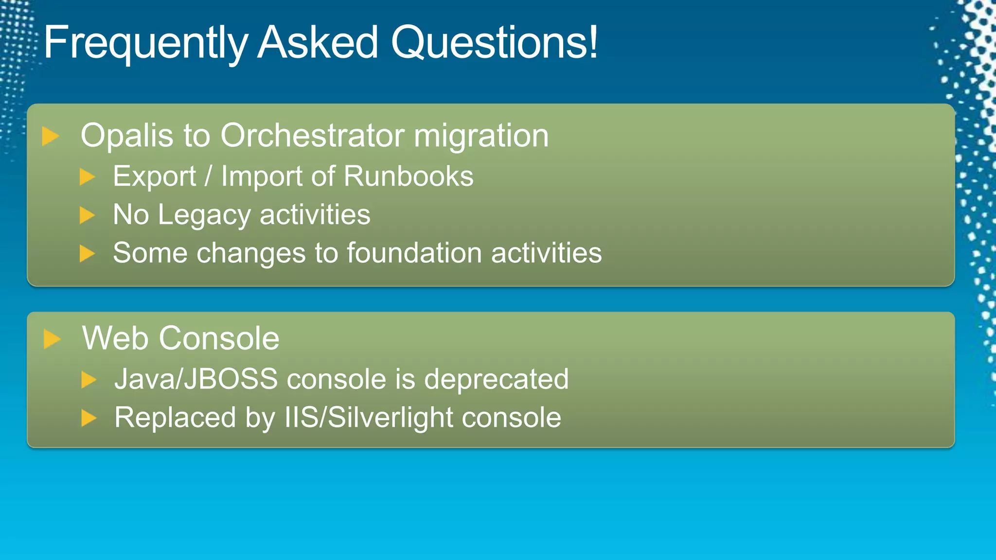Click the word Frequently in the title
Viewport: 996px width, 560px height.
(x=146, y=44)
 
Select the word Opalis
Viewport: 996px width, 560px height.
(x=126, y=136)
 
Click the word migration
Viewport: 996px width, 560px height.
(x=481, y=136)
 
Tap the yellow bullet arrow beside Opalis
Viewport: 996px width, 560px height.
(x=50, y=136)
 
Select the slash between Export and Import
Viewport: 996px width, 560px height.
(x=208, y=176)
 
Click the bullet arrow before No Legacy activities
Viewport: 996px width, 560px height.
(x=87, y=215)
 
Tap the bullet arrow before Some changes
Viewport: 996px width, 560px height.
(x=87, y=253)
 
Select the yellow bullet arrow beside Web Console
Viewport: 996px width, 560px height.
(x=52, y=339)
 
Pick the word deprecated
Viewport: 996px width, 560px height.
(x=496, y=379)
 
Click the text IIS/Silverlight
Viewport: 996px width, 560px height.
(x=368, y=418)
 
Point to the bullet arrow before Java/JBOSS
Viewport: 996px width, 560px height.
(x=89, y=379)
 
